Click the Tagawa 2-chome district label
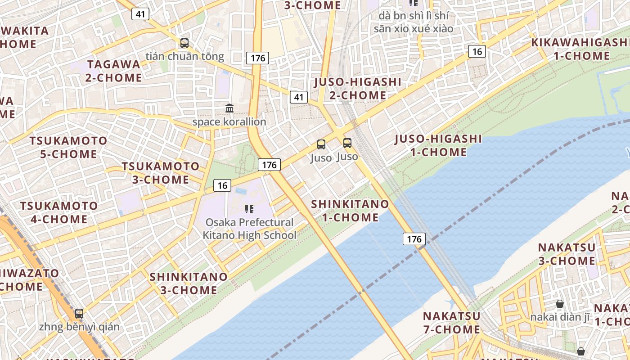point(114,71)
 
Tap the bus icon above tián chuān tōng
point(184,43)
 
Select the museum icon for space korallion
point(229,108)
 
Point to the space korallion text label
point(229,122)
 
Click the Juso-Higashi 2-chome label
point(357,89)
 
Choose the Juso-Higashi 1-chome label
point(438,145)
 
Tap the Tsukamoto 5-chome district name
point(68,147)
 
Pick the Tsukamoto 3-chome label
point(160,173)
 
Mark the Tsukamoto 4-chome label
point(58,212)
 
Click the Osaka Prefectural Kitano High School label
point(249,229)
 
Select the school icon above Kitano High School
point(249,209)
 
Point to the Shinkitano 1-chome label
point(350,211)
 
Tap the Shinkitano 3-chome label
point(189,283)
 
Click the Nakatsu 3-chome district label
point(567,254)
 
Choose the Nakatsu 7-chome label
point(451,322)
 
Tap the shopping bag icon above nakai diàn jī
point(559,304)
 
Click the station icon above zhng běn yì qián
point(79,313)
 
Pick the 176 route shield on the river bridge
point(414,238)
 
